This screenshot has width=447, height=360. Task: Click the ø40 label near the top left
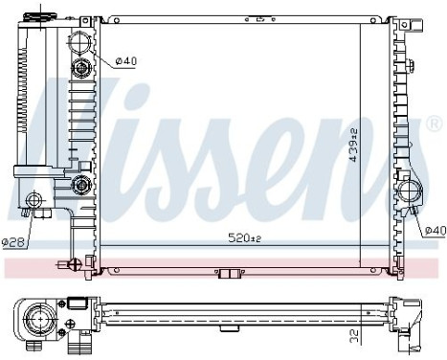tap(125, 62)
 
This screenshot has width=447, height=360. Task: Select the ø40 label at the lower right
tap(435, 230)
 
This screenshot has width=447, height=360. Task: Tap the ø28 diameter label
tap(12, 241)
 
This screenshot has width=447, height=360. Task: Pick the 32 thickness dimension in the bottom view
tap(354, 337)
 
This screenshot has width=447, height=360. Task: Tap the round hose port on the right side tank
tap(412, 191)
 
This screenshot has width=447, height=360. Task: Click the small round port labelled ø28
tap(35, 201)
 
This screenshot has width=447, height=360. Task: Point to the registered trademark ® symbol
tap(434, 124)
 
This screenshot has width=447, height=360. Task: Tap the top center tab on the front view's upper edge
tap(255, 17)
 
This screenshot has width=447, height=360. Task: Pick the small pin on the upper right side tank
tap(410, 65)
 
